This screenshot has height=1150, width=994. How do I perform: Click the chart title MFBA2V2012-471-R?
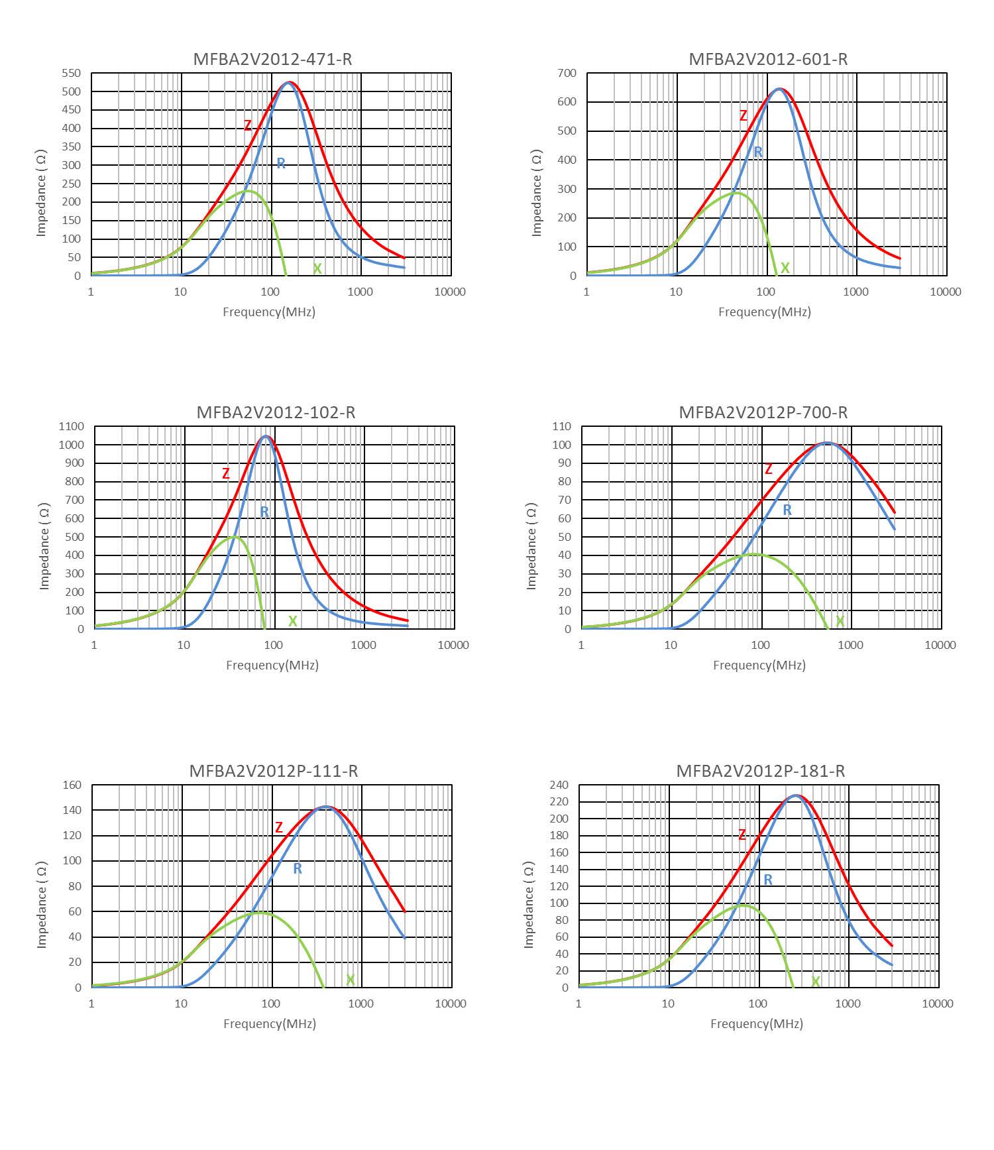[x=272, y=59]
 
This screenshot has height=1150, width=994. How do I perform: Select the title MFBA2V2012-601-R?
[x=768, y=59]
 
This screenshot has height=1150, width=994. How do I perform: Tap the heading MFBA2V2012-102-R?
[x=276, y=412]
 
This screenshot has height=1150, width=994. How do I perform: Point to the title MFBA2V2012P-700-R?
[x=763, y=412]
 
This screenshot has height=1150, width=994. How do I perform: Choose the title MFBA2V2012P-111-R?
[x=273, y=771]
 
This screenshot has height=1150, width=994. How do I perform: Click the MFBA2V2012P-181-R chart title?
[x=760, y=771]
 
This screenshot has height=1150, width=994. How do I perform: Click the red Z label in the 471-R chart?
[x=248, y=125]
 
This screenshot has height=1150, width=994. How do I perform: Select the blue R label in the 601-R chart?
[x=758, y=152]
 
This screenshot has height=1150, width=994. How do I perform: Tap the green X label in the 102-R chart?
[x=292, y=621]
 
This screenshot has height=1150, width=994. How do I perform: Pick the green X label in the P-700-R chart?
[x=840, y=621]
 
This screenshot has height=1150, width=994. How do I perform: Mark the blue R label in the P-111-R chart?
[x=298, y=868]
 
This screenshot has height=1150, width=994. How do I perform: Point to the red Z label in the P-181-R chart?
[x=742, y=834]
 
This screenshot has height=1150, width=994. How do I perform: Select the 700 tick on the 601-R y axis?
[x=567, y=73]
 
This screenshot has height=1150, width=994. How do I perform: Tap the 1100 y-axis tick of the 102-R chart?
[x=72, y=426]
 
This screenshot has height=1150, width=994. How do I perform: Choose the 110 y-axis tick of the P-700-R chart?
[x=562, y=426]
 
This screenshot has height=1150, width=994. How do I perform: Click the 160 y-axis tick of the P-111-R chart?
[x=72, y=785]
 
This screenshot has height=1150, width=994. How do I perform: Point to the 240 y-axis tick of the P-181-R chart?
[x=559, y=785]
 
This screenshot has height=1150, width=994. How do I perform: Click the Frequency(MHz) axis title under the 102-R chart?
[x=272, y=665]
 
